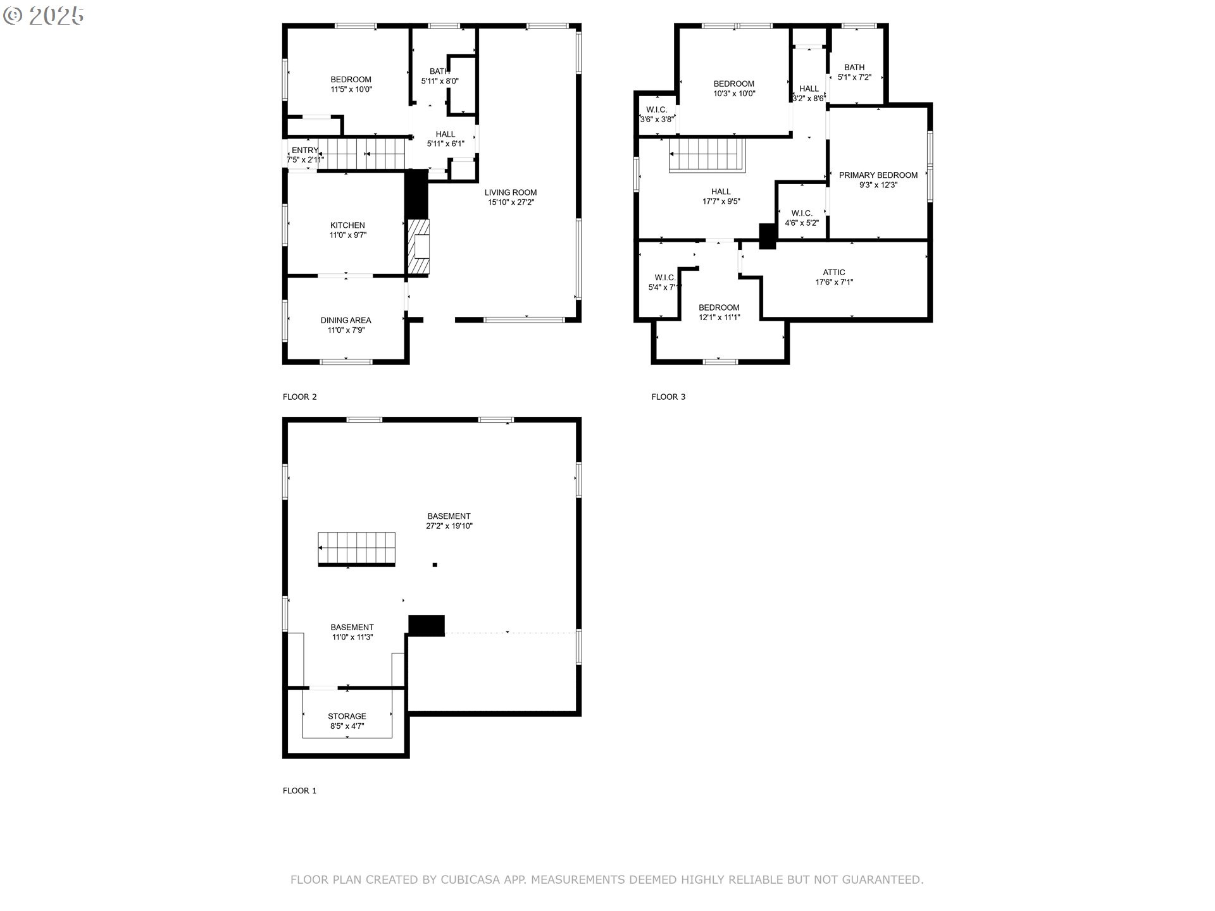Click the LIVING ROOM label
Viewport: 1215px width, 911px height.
511,192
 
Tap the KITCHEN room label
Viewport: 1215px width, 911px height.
347,225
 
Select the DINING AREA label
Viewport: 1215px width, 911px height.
346,320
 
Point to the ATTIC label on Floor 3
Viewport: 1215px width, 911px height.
834,273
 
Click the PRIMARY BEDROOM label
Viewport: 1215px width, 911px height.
878,175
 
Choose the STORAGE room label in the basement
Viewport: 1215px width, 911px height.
347,716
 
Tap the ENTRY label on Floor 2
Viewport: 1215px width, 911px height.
305,151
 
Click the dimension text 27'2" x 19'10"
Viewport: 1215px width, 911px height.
449,526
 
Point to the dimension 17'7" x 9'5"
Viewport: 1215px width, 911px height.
721,201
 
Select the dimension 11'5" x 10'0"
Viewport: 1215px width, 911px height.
351,89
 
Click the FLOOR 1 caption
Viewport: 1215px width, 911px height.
300,791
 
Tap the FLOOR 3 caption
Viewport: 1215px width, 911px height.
669,397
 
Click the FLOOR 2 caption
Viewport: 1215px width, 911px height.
300,397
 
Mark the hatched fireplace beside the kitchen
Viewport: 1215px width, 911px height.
419,247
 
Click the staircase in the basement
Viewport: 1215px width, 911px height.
357,548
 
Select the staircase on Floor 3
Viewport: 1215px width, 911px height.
708,155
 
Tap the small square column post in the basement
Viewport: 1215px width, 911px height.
435,565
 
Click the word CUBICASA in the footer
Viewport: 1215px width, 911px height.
471,879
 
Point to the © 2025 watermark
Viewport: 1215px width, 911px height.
43,16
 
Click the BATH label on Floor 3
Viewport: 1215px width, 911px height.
854,68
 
